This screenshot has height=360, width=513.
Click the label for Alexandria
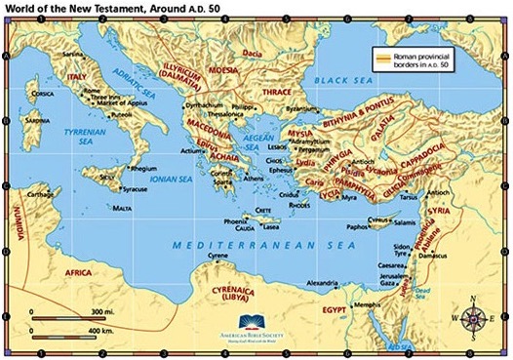click(x=325, y=283)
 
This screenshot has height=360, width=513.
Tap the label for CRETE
click(x=264, y=210)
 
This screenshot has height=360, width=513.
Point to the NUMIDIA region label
click(x=15, y=220)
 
